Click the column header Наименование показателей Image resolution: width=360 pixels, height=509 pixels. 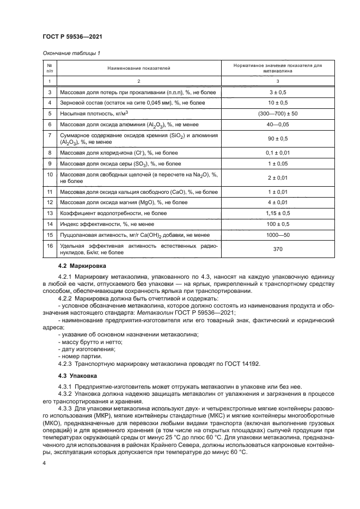[138, 68]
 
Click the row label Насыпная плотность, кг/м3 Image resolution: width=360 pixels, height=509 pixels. [94, 113]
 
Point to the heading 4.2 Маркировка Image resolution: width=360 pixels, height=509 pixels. [81, 266]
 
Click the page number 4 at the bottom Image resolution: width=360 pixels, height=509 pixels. [44, 462]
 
